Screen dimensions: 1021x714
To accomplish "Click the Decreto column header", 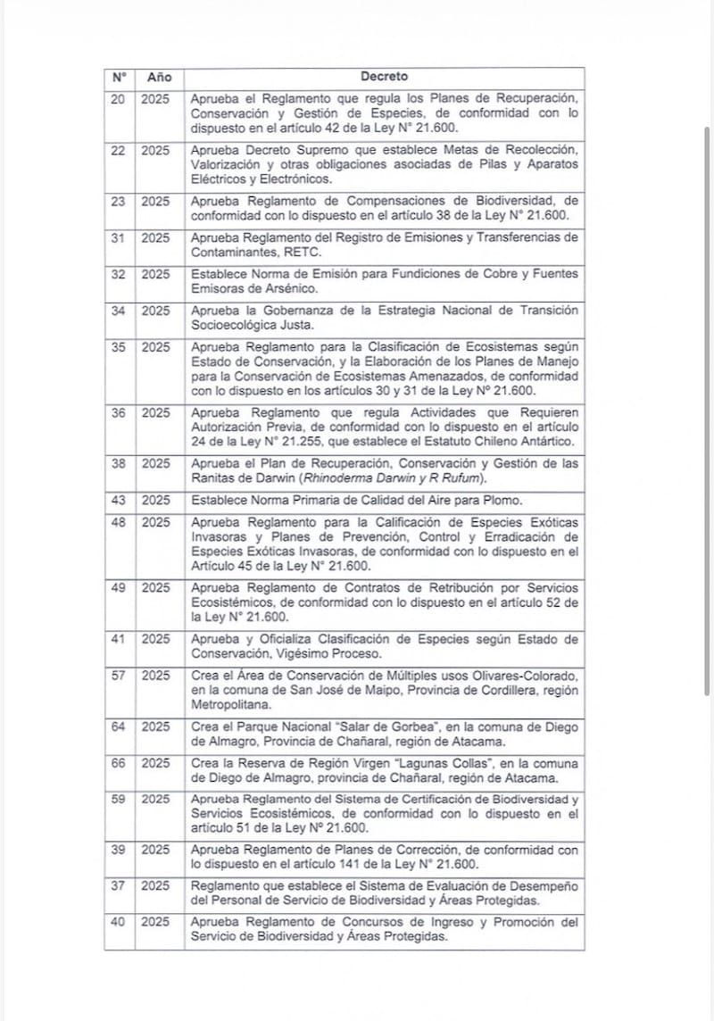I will (385, 78).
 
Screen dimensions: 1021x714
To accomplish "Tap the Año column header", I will (159, 78).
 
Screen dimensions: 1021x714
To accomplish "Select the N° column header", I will (119, 78).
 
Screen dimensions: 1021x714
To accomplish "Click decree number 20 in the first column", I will (118, 98).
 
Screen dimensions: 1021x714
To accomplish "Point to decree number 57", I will (118, 675).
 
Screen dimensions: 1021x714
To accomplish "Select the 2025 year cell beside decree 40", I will (155, 921).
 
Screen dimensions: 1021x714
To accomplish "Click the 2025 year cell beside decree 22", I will (155, 150).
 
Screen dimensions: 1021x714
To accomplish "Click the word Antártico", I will (548, 442).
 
